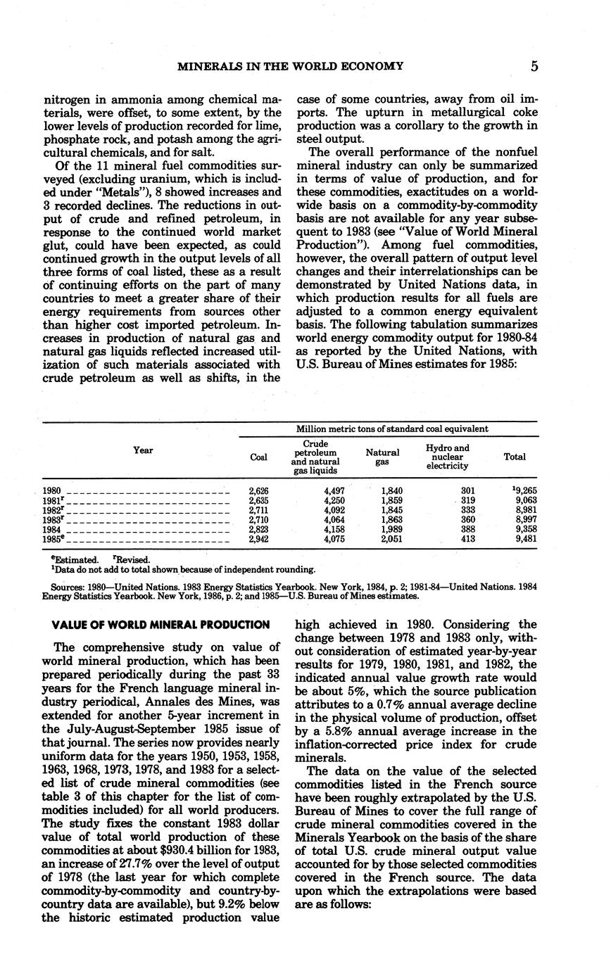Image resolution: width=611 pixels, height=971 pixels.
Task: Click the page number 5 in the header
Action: click(x=535, y=67)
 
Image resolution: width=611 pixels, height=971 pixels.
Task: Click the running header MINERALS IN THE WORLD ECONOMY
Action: click(x=290, y=67)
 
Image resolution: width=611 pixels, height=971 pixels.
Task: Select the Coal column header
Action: click(x=259, y=457)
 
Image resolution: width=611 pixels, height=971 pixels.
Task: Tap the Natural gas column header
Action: click(x=383, y=457)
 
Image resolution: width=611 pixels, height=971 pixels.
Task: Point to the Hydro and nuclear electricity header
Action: click(x=448, y=457)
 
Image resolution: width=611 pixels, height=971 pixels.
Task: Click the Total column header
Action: click(x=515, y=457)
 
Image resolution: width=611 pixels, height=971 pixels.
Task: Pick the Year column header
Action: click(x=143, y=450)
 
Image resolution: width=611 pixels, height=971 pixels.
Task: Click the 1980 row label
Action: click(x=52, y=490)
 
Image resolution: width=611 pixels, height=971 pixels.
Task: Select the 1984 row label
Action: click(x=52, y=529)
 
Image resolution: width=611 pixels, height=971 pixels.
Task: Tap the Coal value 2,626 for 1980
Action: click(x=259, y=490)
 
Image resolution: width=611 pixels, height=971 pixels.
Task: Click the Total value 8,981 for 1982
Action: click(x=524, y=510)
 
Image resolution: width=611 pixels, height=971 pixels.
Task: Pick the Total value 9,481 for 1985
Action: click(x=524, y=539)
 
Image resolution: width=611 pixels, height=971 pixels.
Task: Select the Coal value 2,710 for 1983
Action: click(x=259, y=520)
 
